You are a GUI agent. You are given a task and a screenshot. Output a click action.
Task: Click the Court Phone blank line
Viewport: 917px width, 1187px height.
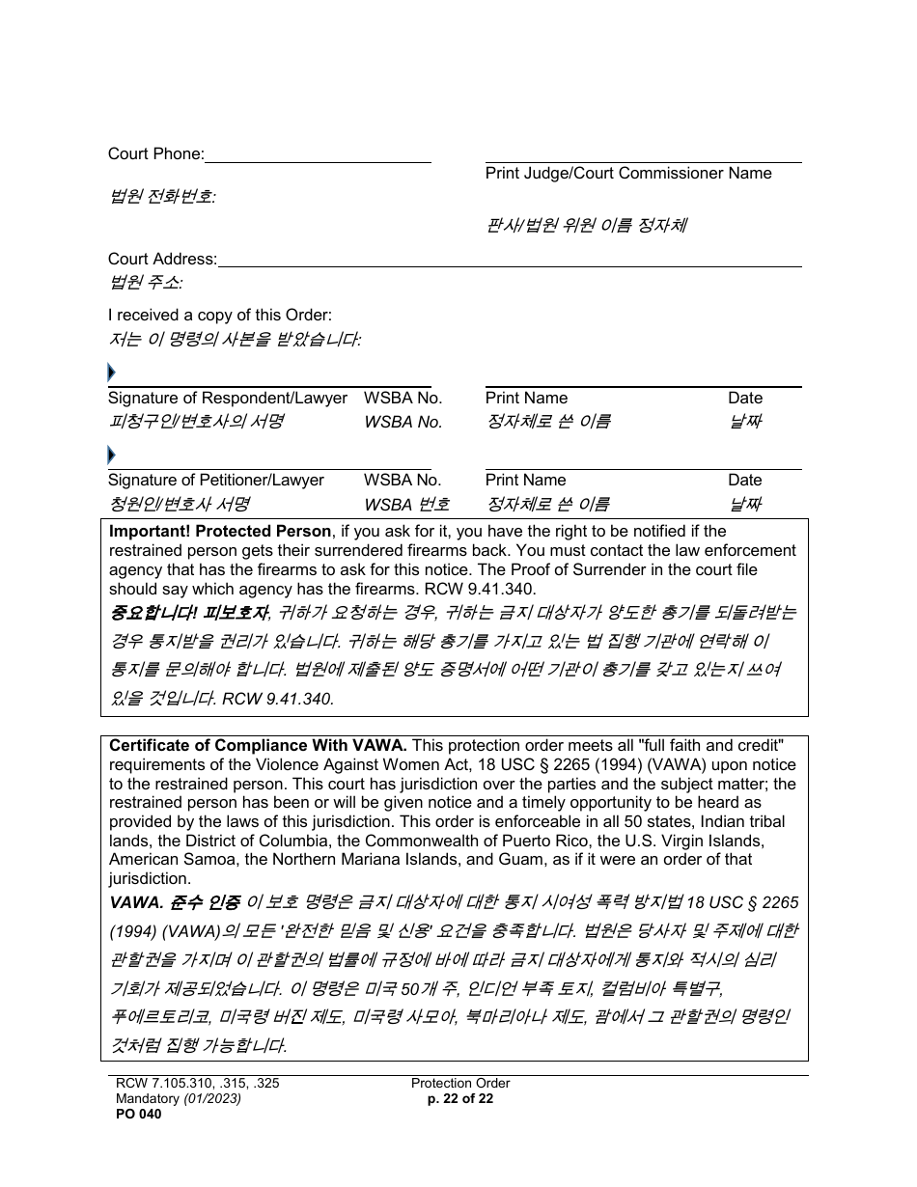click(x=318, y=156)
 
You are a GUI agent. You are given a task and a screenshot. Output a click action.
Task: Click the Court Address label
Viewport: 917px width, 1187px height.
click(x=162, y=259)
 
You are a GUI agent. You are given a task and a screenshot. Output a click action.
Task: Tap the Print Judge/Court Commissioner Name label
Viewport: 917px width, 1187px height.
click(x=628, y=174)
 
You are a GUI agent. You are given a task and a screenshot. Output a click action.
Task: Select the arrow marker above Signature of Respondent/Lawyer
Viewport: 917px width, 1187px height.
click(x=112, y=373)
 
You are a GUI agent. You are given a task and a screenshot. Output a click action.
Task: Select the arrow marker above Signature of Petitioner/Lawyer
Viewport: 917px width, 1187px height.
click(x=112, y=455)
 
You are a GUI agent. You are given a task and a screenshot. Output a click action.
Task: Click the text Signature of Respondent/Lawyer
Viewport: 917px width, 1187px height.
click(x=227, y=398)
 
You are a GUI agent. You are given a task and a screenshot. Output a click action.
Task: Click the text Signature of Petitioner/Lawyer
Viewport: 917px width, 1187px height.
click(x=215, y=480)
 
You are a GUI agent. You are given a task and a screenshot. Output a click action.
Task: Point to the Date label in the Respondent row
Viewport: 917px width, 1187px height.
click(x=745, y=398)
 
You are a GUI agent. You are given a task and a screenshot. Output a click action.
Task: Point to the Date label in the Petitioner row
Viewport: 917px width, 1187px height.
click(x=745, y=480)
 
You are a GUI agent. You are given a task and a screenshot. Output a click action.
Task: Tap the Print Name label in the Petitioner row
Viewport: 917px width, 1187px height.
click(x=526, y=480)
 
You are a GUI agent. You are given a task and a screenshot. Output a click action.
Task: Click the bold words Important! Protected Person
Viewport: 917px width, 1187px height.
click(x=220, y=531)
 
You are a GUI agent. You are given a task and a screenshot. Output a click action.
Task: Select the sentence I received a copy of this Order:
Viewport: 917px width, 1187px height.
click(x=219, y=315)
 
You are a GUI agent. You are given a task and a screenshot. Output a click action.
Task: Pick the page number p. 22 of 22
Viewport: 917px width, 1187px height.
click(x=459, y=1098)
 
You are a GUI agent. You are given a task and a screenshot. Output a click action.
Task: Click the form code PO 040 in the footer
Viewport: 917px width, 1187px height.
click(x=135, y=1115)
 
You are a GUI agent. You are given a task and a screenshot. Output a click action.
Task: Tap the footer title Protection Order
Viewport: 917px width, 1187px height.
click(x=460, y=1083)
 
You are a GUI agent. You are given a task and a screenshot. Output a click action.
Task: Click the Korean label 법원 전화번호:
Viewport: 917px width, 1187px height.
click(x=162, y=197)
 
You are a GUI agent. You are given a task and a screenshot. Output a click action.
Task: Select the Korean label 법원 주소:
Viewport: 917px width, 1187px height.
click(x=146, y=283)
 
